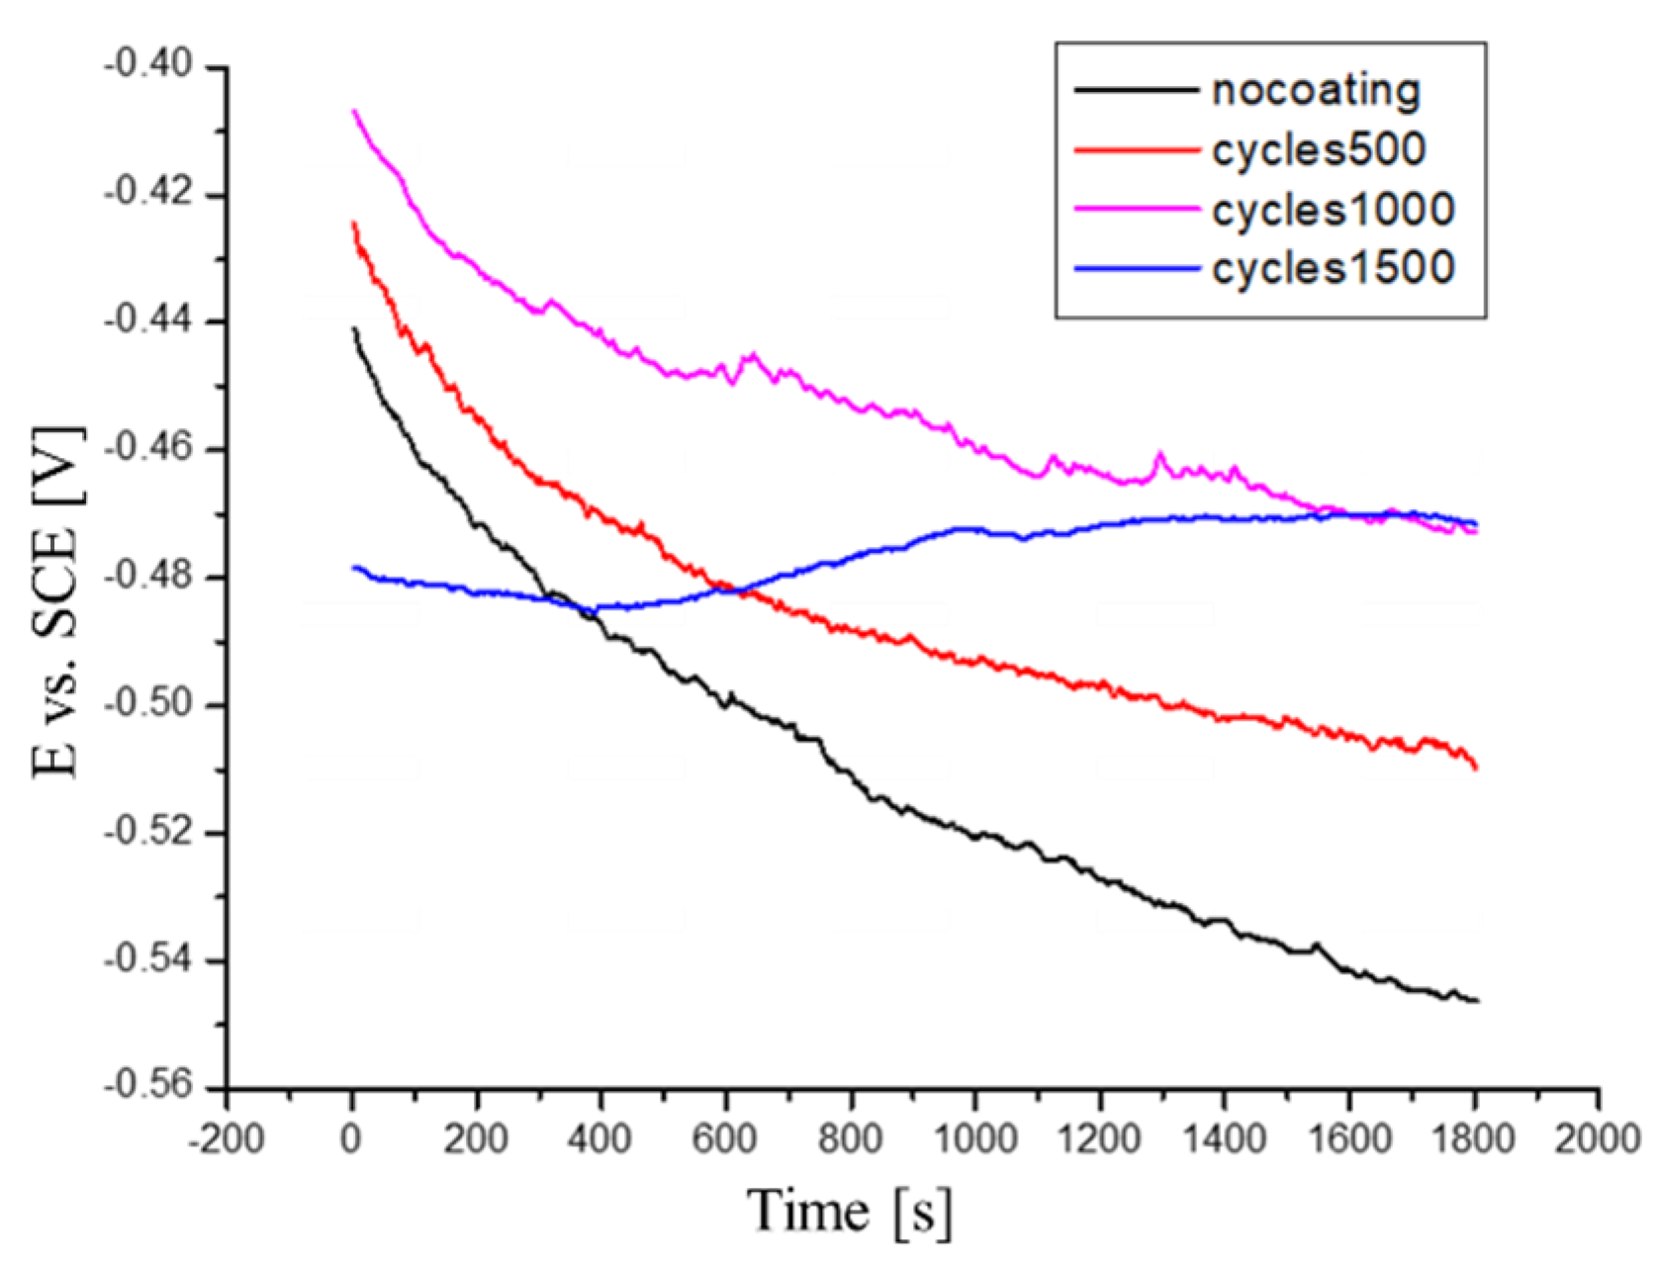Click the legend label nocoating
1316,91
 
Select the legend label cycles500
1319,150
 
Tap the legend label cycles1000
1333,210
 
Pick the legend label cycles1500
1333,268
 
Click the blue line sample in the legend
1136,268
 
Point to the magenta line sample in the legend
1136,209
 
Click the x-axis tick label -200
227,1138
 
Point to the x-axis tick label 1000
974,1138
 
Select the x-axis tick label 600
724,1138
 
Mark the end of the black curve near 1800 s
1476,1001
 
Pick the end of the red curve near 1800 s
1475,768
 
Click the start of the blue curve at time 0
354,568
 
